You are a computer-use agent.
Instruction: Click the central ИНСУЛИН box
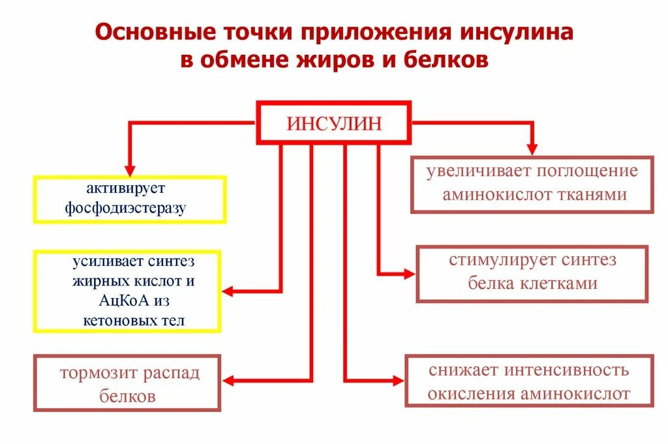(x=334, y=123)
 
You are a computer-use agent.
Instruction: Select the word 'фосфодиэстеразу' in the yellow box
(x=127, y=208)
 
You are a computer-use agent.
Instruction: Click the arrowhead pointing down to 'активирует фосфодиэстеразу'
(x=130, y=166)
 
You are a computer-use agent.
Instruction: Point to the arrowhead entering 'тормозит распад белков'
(x=229, y=381)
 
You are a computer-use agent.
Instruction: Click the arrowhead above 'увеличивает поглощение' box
(x=532, y=148)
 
